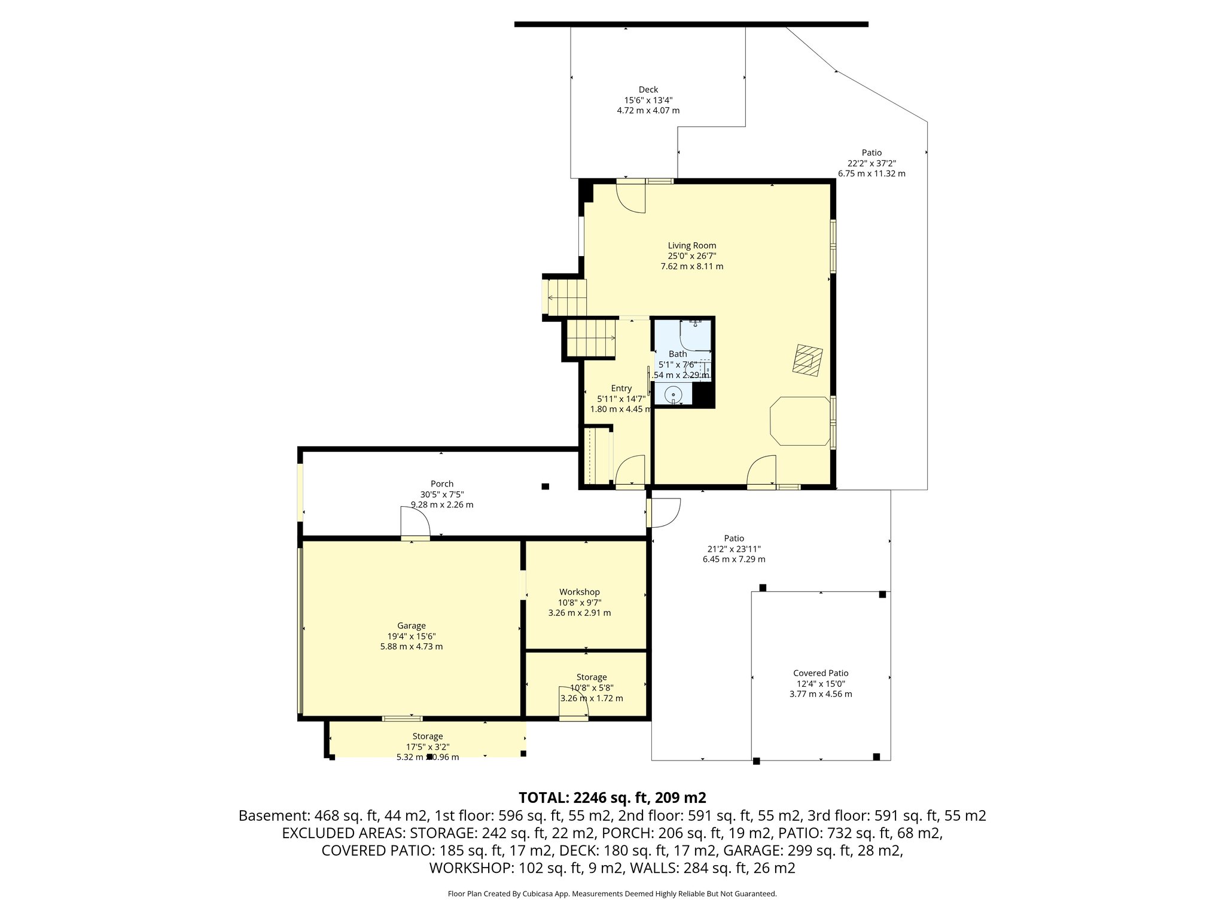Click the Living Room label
691,245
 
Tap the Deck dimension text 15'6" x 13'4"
648,100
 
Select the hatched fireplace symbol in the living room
807,360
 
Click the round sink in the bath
674,394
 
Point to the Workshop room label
579,592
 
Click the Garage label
411,626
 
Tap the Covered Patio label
821,673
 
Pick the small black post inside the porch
545,486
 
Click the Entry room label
621,388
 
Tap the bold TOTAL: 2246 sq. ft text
612,798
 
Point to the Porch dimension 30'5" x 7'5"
441,494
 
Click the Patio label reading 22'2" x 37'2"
871,153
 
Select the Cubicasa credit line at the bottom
612,894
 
